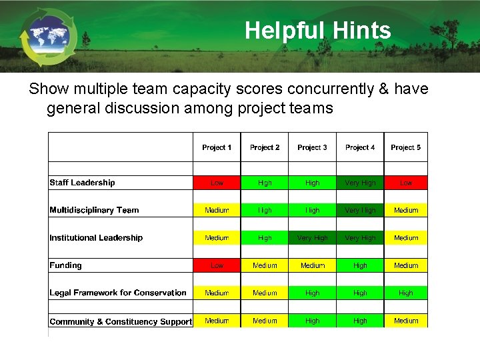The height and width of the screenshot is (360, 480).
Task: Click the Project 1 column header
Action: [217, 147]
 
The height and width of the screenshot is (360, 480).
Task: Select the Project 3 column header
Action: [312, 147]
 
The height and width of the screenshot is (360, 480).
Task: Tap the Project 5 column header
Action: [406, 147]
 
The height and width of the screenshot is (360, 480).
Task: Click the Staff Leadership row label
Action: [82, 183]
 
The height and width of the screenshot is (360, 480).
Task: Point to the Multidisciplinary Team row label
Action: [94, 210]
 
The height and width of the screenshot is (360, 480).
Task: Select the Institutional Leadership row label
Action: [96, 238]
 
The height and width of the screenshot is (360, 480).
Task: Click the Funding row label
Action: [65, 265]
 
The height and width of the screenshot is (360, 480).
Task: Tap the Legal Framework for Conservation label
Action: [118, 293]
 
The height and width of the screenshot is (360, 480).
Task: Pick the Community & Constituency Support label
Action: [121, 321]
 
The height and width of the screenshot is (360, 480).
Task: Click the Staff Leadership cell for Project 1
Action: [217, 183]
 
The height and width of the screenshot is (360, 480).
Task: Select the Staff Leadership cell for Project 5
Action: [406, 183]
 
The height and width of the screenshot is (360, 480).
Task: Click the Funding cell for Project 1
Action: [217, 265]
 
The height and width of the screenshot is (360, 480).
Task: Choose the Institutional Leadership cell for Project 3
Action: [312, 238]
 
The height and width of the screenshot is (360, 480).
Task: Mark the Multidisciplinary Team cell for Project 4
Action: [360, 210]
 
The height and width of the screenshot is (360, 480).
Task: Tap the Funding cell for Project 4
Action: [360, 265]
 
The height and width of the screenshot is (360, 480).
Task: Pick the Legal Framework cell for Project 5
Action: [406, 293]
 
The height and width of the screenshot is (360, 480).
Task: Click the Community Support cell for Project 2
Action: [265, 321]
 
